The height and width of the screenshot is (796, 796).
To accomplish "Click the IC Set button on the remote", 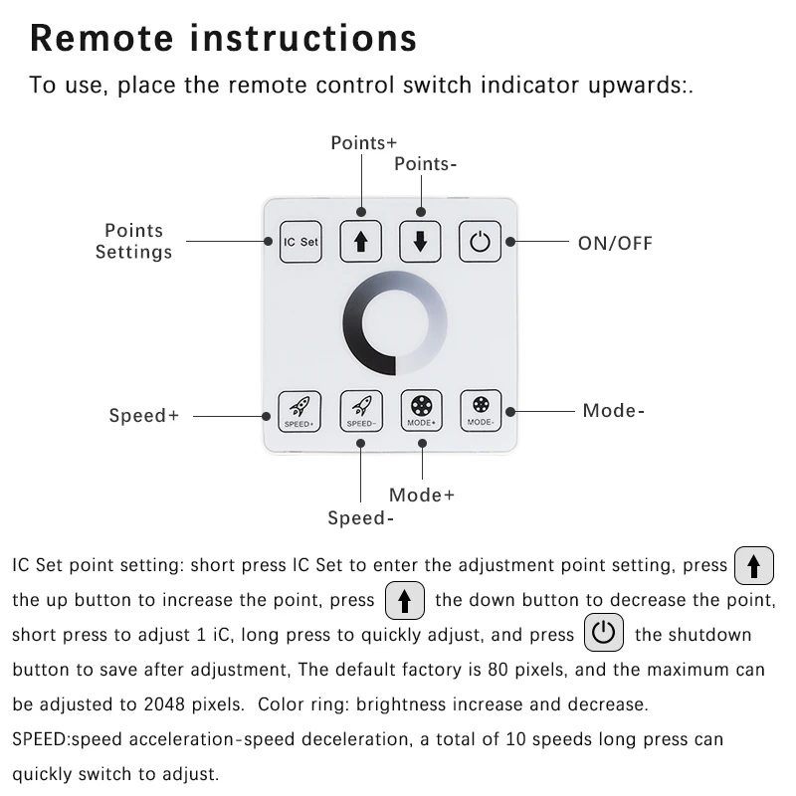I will point(300,242).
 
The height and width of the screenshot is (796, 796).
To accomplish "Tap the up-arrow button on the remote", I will point(360,242).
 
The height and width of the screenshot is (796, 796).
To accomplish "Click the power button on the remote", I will point(480,242).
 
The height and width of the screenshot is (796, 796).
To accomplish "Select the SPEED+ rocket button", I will point(300,409).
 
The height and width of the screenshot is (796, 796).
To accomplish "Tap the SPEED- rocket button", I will point(360,409).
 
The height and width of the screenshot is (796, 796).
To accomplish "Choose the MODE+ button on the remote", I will point(421,409).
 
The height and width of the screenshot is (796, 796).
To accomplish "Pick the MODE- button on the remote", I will point(480,409).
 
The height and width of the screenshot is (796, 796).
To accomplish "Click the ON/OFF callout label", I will point(615,243).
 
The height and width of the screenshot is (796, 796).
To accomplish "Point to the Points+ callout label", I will point(363,143).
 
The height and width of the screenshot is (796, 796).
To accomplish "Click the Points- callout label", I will point(426,163).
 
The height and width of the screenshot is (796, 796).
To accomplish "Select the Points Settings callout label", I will point(133,242).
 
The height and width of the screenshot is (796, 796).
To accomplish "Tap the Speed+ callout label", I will point(144,416).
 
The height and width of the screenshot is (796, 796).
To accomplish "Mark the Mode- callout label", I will point(614,410).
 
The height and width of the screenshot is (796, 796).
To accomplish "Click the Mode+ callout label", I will point(422,495).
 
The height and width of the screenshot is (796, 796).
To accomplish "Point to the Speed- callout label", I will point(361,518).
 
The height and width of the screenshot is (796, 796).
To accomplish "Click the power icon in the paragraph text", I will point(604,634).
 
